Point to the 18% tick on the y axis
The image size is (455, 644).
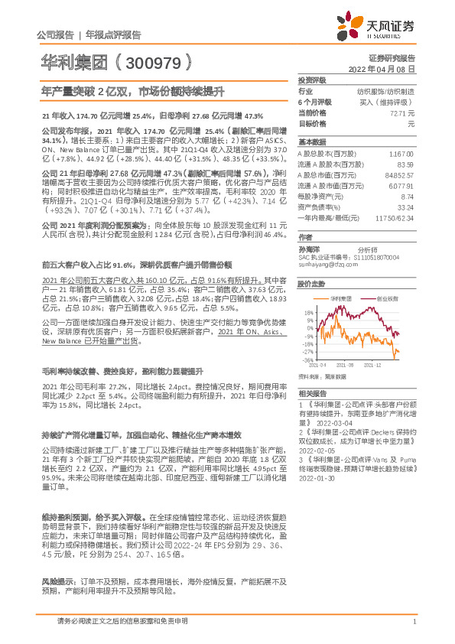pyautogui.click(x=308, y=313)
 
